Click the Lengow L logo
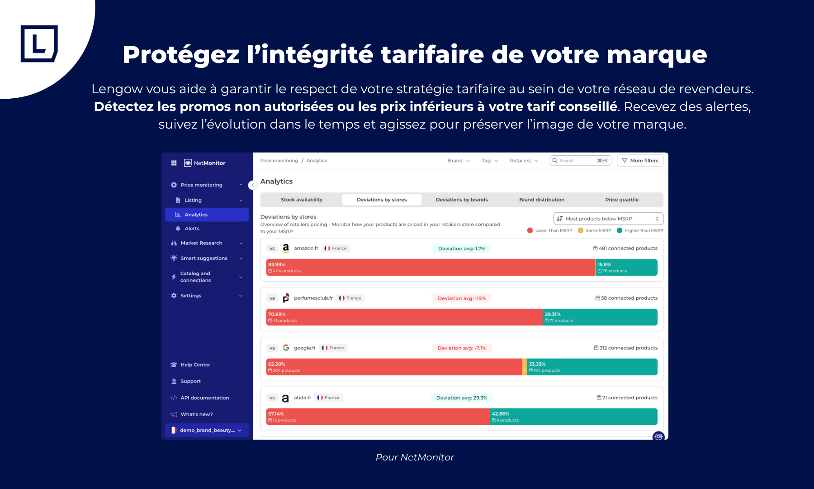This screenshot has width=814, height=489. pyautogui.click(x=39, y=43)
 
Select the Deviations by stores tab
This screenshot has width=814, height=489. pyautogui.click(x=382, y=200)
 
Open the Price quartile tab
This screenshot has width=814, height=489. pyautogui.click(x=622, y=200)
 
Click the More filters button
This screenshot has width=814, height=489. pyautogui.click(x=640, y=161)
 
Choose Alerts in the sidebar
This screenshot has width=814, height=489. pyautogui.click(x=192, y=229)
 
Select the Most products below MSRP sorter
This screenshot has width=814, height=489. pyautogui.click(x=608, y=219)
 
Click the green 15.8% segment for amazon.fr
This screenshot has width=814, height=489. pyautogui.click(x=626, y=268)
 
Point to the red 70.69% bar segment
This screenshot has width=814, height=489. pyautogui.click(x=404, y=317)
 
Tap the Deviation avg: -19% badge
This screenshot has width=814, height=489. pyautogui.click(x=462, y=298)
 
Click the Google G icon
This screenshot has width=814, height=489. pyautogui.click(x=286, y=348)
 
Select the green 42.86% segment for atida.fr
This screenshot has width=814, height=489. pyautogui.click(x=573, y=417)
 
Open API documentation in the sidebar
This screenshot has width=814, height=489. pyautogui.click(x=204, y=398)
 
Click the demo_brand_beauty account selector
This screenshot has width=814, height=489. pyautogui.click(x=207, y=430)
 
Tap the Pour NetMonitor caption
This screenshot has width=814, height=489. pyautogui.click(x=415, y=457)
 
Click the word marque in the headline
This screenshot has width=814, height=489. pyautogui.click(x=656, y=55)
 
